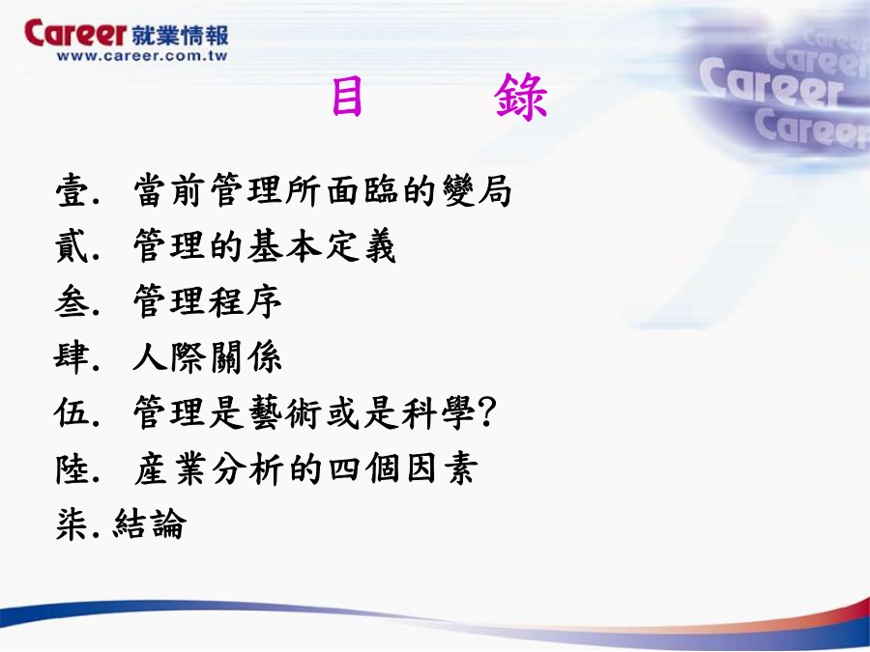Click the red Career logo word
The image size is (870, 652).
(x=75, y=33)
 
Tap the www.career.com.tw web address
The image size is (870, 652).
(x=142, y=56)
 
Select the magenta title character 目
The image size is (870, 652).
(x=347, y=97)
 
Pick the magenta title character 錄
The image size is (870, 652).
(x=521, y=97)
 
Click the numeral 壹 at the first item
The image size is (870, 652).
(x=72, y=190)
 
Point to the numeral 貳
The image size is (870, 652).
(x=72, y=245)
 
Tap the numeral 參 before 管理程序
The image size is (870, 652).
(x=72, y=301)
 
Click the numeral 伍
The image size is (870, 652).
(x=72, y=412)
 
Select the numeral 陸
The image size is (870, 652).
(x=72, y=468)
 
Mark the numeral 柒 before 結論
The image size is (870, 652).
(x=72, y=524)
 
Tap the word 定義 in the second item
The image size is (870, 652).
(x=361, y=245)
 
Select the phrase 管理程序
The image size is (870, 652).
(x=208, y=301)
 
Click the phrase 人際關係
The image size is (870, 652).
(x=208, y=357)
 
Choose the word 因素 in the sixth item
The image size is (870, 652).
(x=442, y=468)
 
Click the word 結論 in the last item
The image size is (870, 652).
(x=150, y=524)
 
